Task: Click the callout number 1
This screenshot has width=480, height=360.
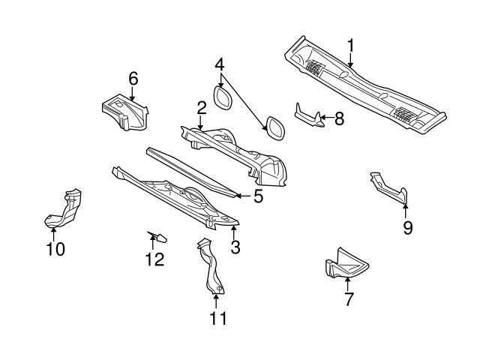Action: coord(350,46)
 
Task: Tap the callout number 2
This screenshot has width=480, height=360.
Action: coord(201,109)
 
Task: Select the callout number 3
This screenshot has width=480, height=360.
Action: coord(235,247)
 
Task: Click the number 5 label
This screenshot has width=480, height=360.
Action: coord(258,197)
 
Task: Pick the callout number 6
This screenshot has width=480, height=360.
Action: coord(133,78)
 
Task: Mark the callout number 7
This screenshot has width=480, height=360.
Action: coord(348,300)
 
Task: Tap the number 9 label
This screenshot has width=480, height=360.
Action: coord(407,227)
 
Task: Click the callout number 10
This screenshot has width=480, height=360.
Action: coord(55,248)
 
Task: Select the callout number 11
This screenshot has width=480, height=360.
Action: coord(217,318)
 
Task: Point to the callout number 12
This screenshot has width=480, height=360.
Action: coord(153,260)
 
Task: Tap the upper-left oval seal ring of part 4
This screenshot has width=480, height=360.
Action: coord(223,98)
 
